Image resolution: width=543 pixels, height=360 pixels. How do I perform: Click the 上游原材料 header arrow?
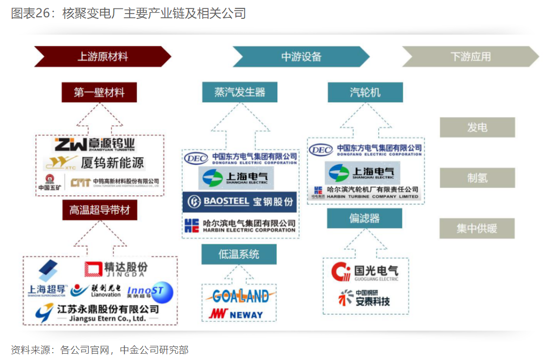pyautogui.click(x=102, y=57)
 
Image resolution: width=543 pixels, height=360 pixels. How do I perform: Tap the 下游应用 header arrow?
pyautogui.click(x=470, y=57)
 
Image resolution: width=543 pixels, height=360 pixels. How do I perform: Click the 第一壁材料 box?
pyautogui.click(x=99, y=92)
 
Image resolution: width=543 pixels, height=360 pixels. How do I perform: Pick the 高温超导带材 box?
pyautogui.click(x=99, y=210)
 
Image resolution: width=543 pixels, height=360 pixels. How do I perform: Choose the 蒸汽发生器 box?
pyautogui.click(x=239, y=92)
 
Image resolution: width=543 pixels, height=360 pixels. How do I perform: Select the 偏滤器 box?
pyautogui.click(x=364, y=218)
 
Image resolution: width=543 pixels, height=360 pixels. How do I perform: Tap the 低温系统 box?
pyautogui.click(x=239, y=255)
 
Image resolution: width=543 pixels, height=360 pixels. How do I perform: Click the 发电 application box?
pyautogui.click(x=477, y=128)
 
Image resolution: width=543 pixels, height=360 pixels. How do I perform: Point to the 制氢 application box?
pyautogui.click(x=477, y=178)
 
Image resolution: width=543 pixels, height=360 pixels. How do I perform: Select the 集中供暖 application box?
pyautogui.click(x=477, y=228)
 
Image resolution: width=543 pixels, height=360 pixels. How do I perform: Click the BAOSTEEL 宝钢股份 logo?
pyautogui.click(x=240, y=202)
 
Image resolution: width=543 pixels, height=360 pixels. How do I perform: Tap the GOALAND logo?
pyautogui.click(x=240, y=296)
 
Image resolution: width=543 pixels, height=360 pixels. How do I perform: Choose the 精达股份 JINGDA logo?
pyautogui.click(x=116, y=269)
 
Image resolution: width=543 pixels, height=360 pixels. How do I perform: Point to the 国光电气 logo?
pyautogui.click(x=365, y=272)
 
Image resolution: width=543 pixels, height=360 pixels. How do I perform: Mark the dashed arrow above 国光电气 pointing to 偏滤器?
pyautogui.click(x=364, y=242)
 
